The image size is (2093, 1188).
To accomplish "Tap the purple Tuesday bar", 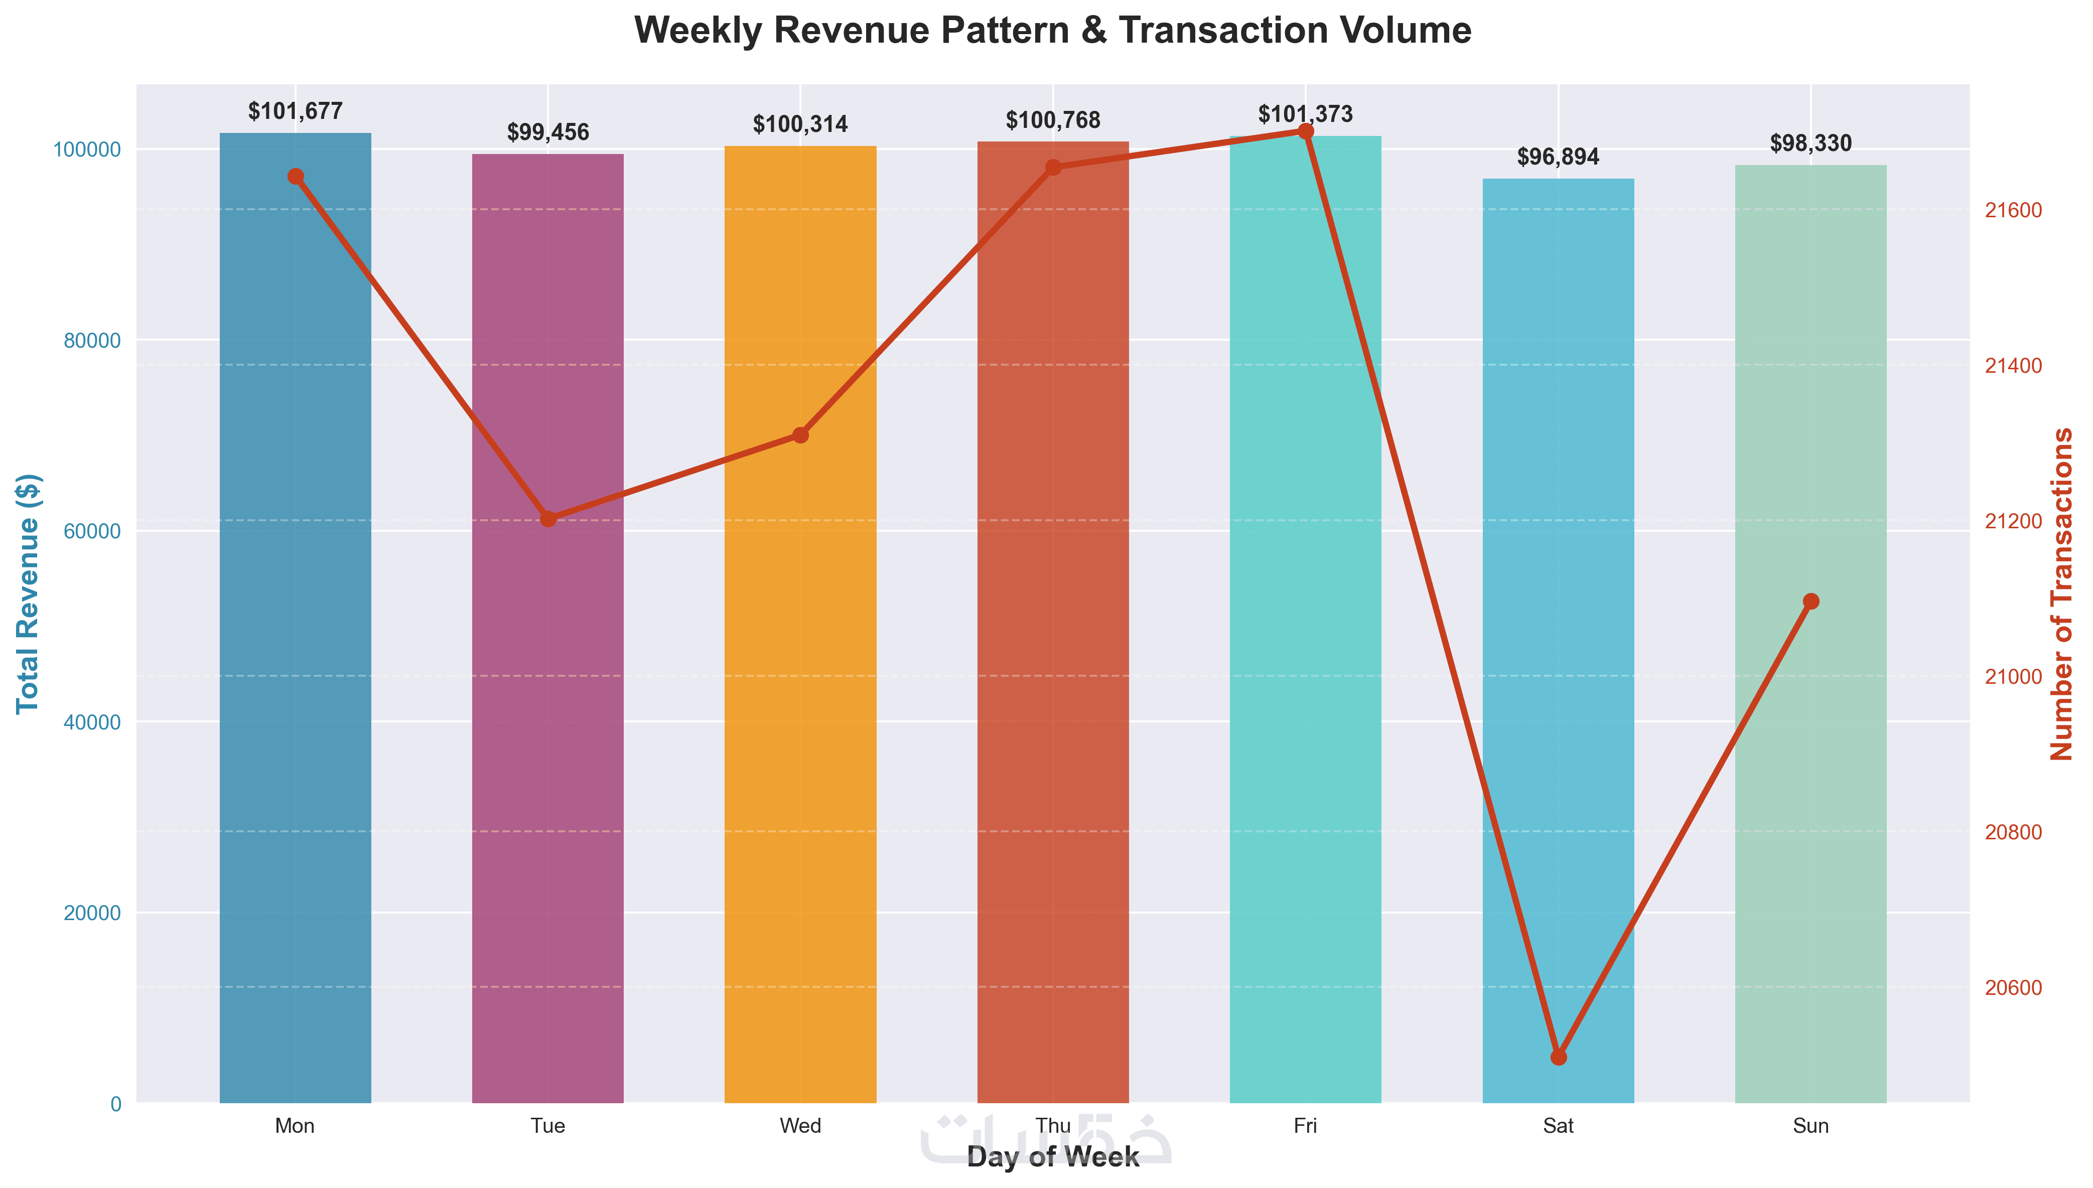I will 547,628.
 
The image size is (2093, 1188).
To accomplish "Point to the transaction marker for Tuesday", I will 547,518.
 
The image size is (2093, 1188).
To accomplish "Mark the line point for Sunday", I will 1810,602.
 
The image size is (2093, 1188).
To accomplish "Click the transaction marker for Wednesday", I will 800,435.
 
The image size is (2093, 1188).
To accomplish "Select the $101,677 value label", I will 296,111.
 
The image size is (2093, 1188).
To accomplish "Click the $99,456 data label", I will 547,132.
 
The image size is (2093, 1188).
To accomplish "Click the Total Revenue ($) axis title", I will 29,593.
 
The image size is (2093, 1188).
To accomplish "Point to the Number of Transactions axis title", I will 2062,593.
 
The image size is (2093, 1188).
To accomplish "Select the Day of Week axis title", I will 1053,1157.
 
